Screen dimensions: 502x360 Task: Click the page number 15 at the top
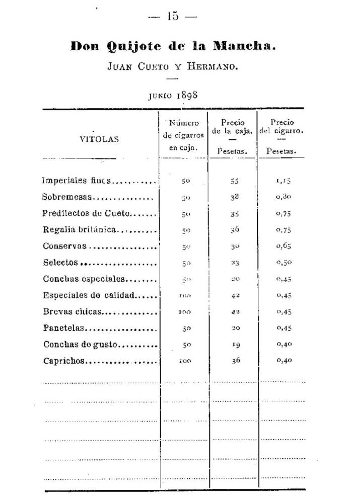click(x=173, y=16)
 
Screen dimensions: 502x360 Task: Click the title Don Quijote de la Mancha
click(x=174, y=47)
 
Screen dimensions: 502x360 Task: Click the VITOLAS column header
click(x=99, y=140)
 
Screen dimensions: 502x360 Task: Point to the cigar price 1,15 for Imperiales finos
click(x=284, y=181)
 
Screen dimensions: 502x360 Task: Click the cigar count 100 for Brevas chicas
click(x=185, y=312)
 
